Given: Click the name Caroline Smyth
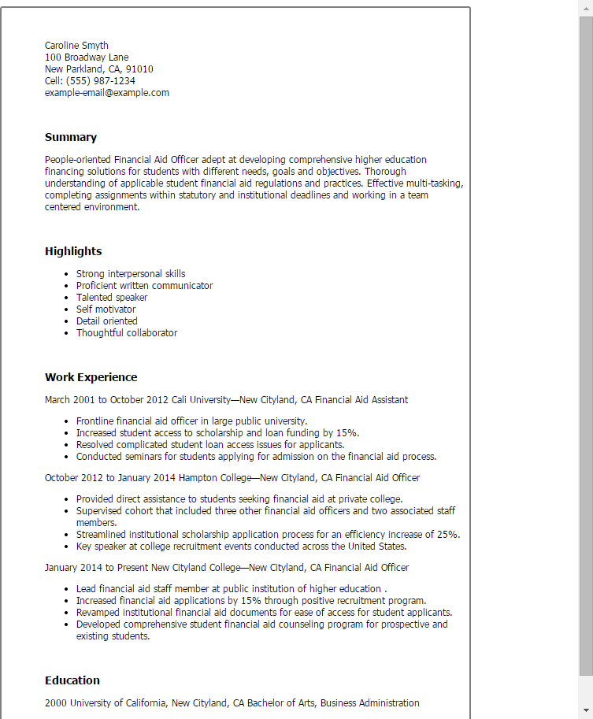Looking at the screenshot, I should click(x=76, y=46).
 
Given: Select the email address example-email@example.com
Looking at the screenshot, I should click(x=106, y=93).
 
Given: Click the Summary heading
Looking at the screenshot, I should click(x=71, y=137).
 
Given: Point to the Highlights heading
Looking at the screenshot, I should click(x=73, y=251).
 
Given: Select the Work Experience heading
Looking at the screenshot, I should click(x=91, y=377).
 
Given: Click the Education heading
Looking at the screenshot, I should click(x=72, y=680).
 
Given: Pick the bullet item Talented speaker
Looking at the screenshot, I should click(x=112, y=298).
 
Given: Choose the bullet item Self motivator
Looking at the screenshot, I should click(x=106, y=309).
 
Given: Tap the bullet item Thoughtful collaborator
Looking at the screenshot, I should click(x=127, y=333).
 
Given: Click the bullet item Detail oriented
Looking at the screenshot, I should click(x=106, y=321).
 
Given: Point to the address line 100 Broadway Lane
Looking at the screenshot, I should click(x=87, y=57).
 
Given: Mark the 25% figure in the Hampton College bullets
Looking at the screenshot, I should click(x=448, y=535).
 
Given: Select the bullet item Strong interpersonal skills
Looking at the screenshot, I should click(x=131, y=274).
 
